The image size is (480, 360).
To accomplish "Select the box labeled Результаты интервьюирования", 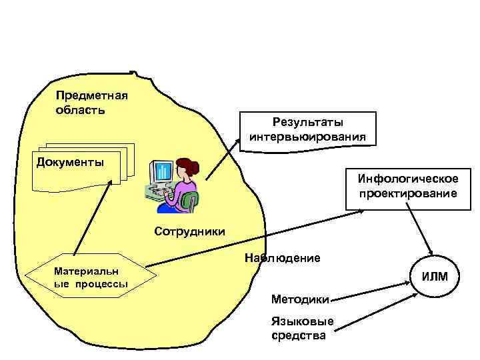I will [x=307, y=129].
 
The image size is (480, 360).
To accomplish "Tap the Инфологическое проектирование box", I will [x=407, y=186].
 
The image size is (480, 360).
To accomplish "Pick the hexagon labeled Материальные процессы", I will [x=91, y=275].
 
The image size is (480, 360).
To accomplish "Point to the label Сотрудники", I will [x=190, y=231].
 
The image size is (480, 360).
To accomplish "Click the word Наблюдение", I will [x=283, y=257].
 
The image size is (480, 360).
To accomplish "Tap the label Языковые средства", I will [x=299, y=328].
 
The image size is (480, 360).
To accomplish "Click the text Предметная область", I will [x=91, y=101].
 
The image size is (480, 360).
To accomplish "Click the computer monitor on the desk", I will [x=162, y=173].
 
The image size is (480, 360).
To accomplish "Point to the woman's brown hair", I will [x=187, y=166].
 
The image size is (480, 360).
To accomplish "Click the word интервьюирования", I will [x=307, y=137].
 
